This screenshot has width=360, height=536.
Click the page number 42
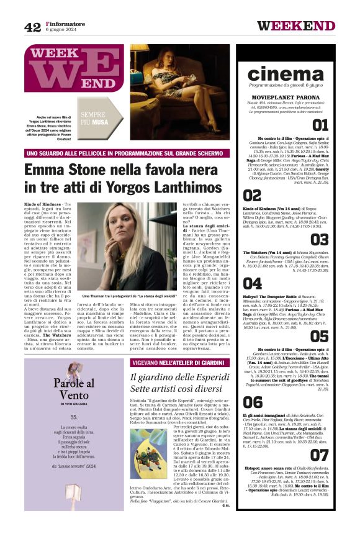coord(32,26)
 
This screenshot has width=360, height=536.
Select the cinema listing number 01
coord(320,126)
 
